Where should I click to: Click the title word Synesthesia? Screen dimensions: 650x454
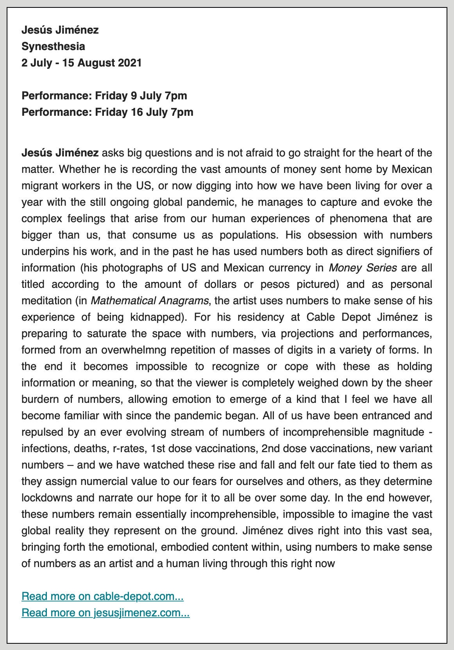point(53,47)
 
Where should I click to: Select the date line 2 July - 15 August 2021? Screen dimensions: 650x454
point(81,63)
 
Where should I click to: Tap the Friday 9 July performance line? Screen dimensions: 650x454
point(104,96)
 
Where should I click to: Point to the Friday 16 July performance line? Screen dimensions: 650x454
point(107,112)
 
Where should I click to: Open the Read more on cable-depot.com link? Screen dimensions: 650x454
point(102,596)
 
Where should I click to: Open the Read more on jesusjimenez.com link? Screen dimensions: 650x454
point(105,613)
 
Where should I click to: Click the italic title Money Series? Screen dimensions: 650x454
point(363,268)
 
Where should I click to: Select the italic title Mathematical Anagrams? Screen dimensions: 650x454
point(150,301)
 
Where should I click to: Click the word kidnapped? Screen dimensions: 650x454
point(157,317)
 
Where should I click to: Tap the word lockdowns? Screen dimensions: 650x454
point(46,498)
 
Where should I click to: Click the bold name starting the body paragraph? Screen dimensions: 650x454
point(60,153)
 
